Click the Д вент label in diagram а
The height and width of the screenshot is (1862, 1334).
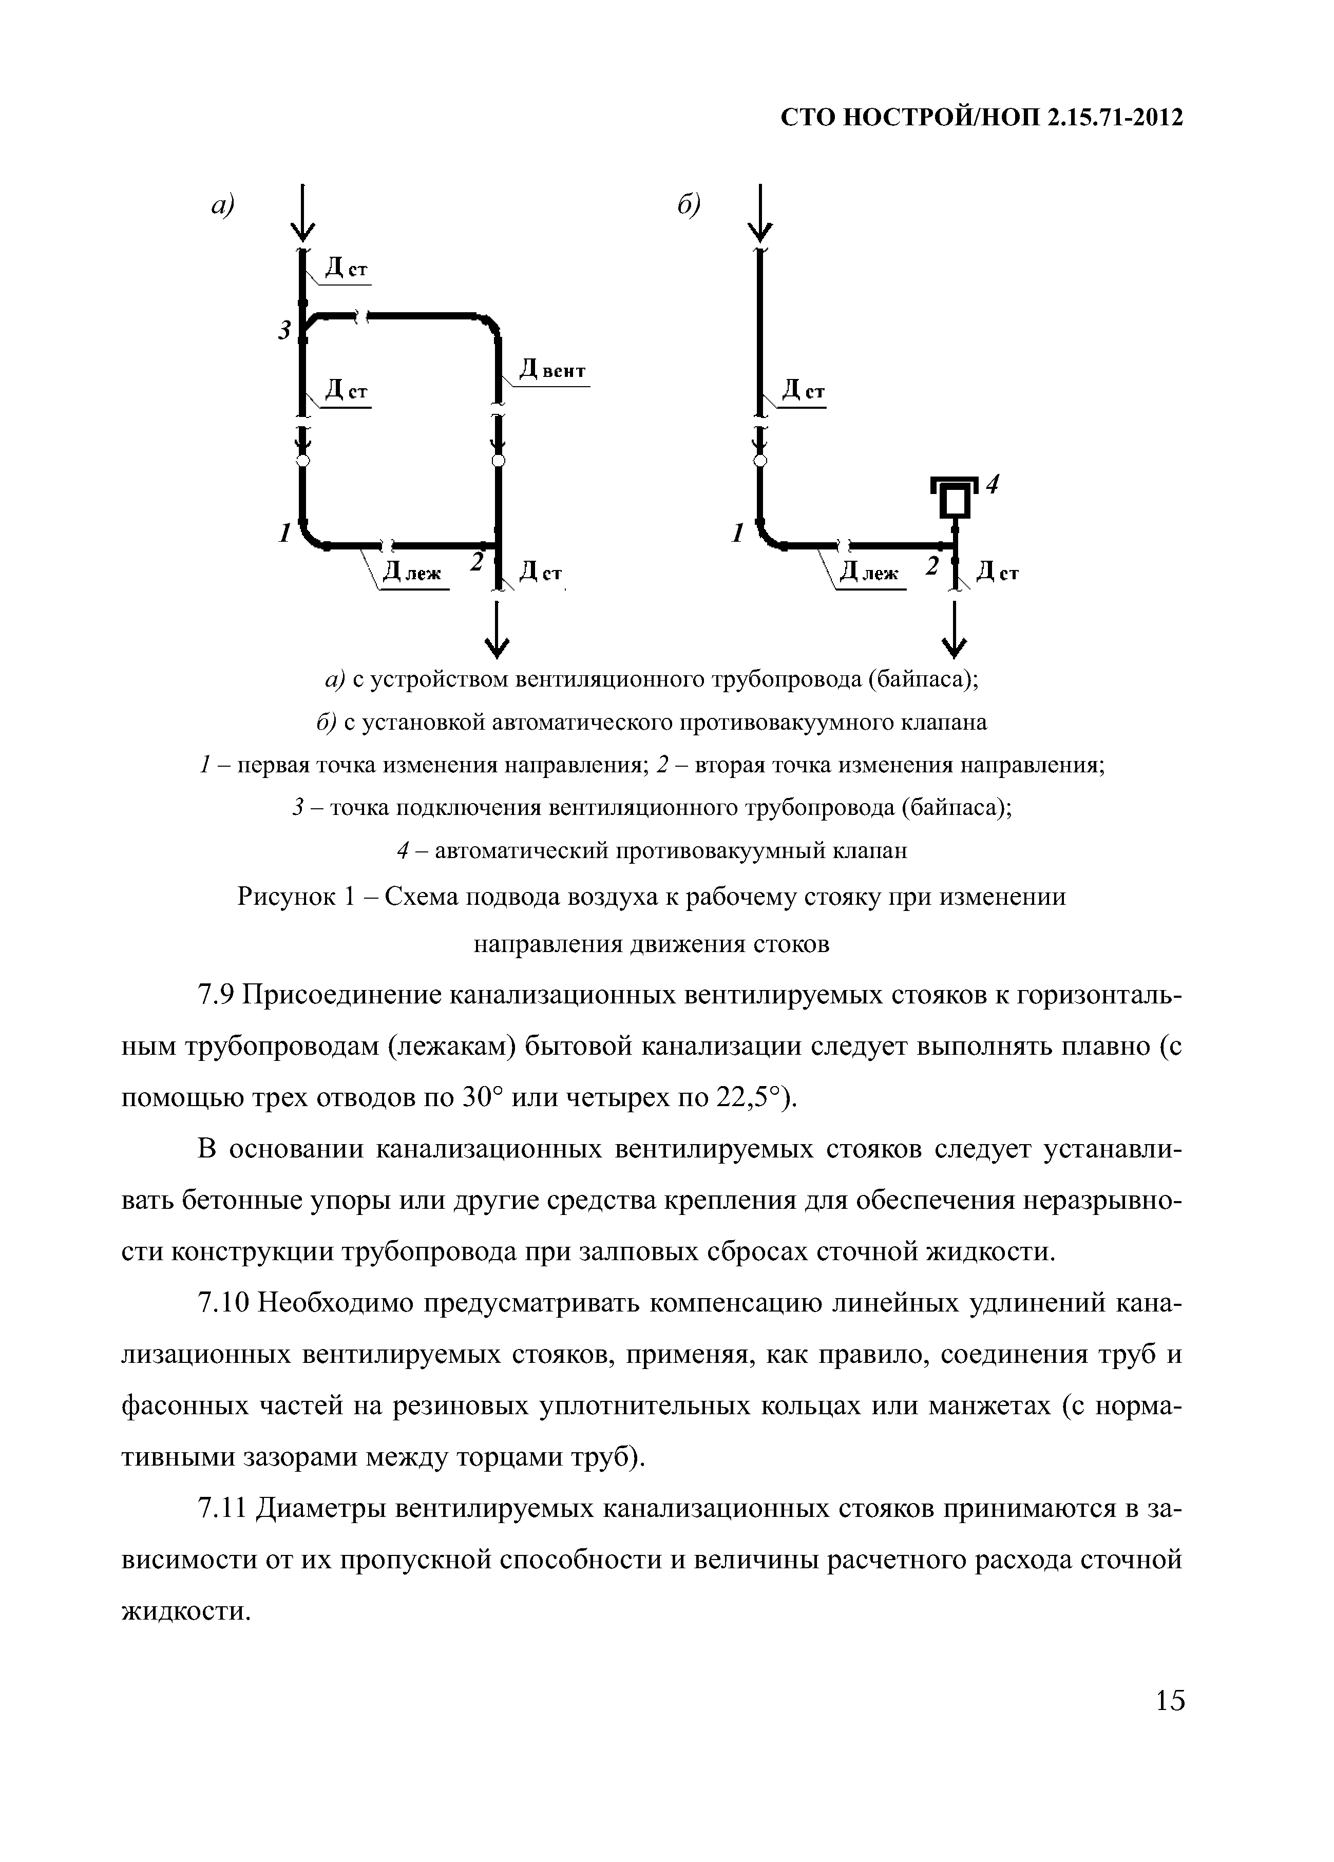click(554, 371)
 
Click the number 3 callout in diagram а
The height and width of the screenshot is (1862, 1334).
click(284, 331)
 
